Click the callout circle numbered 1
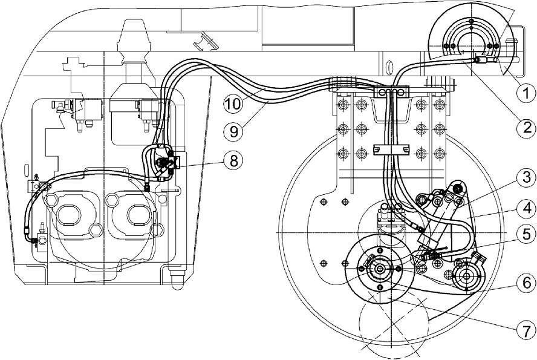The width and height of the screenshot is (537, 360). (x=526, y=93)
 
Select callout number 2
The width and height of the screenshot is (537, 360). (x=526, y=128)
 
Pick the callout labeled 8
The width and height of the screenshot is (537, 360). (x=233, y=160)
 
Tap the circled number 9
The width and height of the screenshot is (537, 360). (x=233, y=131)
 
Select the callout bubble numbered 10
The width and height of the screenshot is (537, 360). (x=233, y=103)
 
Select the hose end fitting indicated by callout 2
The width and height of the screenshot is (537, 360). (x=481, y=61)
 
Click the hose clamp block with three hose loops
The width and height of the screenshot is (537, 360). (x=391, y=91)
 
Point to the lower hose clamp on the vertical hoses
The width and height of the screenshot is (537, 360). (x=391, y=149)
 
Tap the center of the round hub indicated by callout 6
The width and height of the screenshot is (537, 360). (x=466, y=276)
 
